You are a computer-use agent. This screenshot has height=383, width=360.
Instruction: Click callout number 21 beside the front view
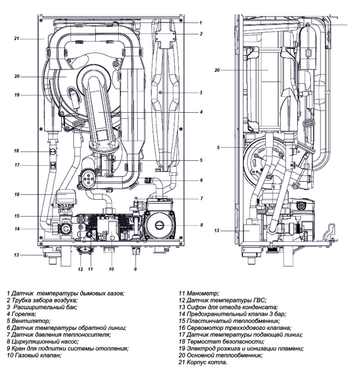click(x=17, y=39)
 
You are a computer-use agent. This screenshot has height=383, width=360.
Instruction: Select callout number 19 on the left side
click(x=17, y=95)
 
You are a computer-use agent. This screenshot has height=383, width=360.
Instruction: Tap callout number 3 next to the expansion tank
click(x=201, y=93)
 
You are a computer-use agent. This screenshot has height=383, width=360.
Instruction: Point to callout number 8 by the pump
click(x=201, y=224)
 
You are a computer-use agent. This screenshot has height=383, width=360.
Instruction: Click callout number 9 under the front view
click(x=135, y=269)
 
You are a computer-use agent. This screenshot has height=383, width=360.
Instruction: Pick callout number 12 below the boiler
click(x=79, y=269)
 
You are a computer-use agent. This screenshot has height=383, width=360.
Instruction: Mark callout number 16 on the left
click(x=17, y=194)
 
